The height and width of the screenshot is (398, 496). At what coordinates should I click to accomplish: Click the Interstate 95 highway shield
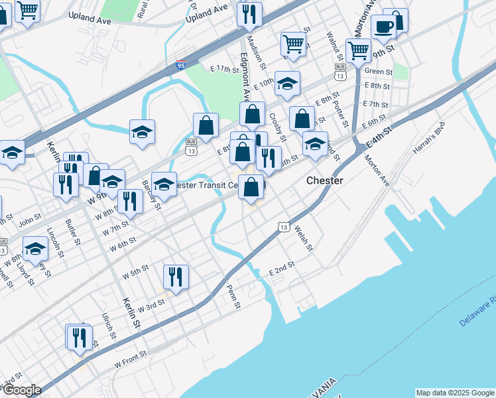click(x=181, y=65)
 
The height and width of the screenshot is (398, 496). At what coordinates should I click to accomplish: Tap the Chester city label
click(x=324, y=180)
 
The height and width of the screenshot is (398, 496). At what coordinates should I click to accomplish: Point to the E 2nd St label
click(x=281, y=272)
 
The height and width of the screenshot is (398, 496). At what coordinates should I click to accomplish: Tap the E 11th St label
click(x=223, y=69)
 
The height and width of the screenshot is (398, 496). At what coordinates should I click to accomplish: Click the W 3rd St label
click(x=150, y=304)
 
